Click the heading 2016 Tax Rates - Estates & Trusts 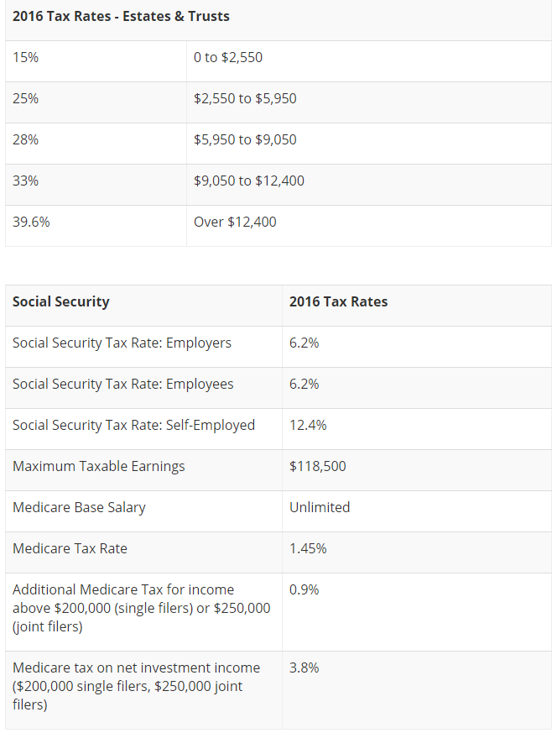(121, 17)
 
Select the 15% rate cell (25, 58)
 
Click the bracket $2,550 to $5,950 (245, 99)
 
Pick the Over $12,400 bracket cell (235, 223)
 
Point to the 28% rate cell (25, 140)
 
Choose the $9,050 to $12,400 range (249, 181)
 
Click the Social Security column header (61, 302)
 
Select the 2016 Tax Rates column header (339, 302)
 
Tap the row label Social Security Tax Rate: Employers (122, 343)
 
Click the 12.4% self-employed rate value (308, 426)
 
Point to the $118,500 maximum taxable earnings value (318, 467)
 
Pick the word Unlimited (320, 508)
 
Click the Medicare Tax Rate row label (70, 549)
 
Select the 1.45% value (308, 549)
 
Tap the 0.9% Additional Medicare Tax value (305, 590)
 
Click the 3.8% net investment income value (305, 668)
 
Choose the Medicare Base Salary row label (79, 508)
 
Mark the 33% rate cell (25, 181)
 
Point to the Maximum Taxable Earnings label (99, 467)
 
